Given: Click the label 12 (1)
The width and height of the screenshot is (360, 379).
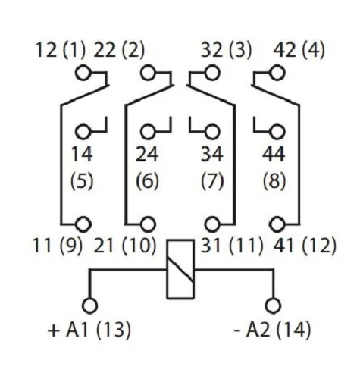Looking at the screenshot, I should (61, 51).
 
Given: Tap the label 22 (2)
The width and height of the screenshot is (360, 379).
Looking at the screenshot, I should (118, 51).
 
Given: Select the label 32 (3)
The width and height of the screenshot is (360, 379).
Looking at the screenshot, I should (227, 51).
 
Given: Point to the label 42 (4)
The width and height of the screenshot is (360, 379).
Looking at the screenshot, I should (299, 51).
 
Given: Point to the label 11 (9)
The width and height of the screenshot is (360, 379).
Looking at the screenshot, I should (60, 246).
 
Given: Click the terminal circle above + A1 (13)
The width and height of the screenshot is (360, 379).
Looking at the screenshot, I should (90, 304).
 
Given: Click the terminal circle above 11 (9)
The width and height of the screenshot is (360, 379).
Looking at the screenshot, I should (83, 224).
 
